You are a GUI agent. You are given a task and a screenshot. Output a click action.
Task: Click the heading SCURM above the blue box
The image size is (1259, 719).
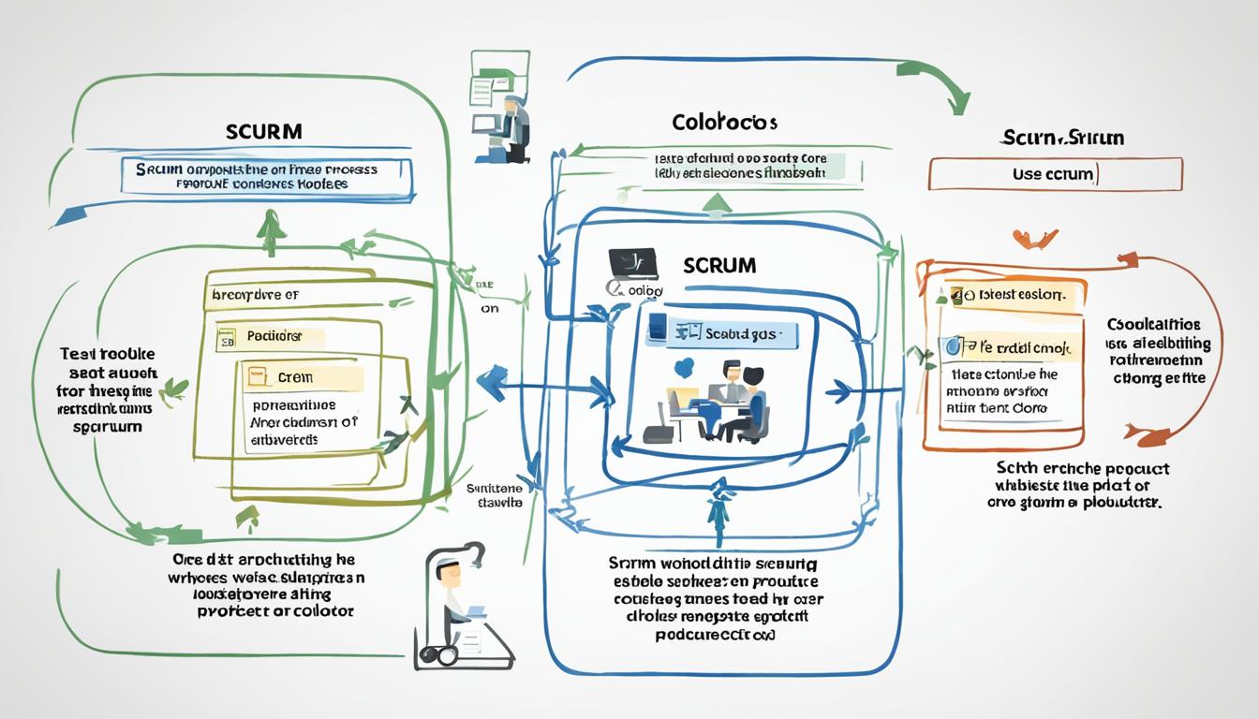point(264,131)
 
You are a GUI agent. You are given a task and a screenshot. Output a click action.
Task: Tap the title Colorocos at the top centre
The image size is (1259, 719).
point(724,123)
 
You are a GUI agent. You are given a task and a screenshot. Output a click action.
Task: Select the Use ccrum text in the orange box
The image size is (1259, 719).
point(1054,175)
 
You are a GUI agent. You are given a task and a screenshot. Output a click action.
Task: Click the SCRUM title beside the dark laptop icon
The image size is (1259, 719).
point(719,265)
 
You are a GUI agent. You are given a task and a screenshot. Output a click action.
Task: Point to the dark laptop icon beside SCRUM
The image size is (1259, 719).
point(632,264)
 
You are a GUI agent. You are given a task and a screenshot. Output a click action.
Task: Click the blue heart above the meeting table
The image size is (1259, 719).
point(684,368)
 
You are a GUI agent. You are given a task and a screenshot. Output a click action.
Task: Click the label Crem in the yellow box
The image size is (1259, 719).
point(295,378)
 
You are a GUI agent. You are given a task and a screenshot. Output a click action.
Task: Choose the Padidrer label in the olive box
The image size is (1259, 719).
point(274,335)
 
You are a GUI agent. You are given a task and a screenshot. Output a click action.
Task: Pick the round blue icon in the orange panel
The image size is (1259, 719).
point(954,346)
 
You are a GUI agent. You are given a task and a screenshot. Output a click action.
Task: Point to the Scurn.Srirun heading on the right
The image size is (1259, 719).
point(1061,138)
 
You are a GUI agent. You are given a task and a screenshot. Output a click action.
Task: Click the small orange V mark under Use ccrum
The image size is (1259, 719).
point(1035,239)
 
